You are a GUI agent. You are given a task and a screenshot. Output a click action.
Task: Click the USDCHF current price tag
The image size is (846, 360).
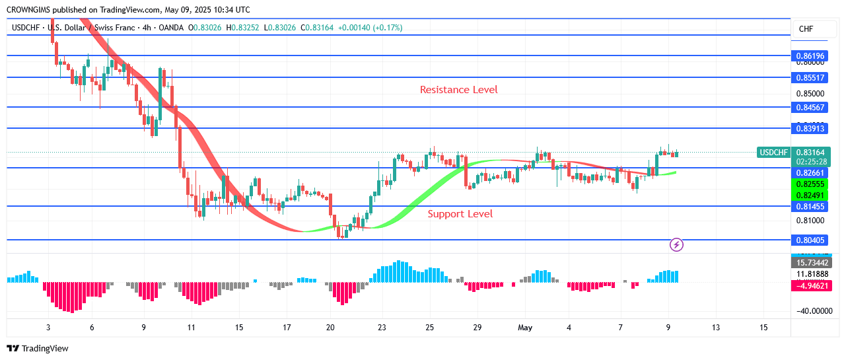pos(774,153)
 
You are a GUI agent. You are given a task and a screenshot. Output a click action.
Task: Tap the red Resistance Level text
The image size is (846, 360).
pos(458,90)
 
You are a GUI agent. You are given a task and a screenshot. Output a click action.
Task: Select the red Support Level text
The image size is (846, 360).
pos(460,214)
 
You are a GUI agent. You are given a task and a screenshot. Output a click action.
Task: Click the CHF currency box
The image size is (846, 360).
pos(806,29)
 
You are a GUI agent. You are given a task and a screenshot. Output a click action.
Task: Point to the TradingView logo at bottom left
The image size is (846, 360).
pos(38,348)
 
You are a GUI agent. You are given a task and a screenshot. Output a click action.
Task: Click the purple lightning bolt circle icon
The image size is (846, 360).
pos(676,245)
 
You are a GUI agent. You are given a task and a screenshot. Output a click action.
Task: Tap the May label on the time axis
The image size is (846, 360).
pos(525,328)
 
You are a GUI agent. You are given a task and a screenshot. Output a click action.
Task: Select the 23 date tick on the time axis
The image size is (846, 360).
pos(382,328)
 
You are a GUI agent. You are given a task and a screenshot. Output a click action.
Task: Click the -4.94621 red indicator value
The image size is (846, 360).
pos(810,286)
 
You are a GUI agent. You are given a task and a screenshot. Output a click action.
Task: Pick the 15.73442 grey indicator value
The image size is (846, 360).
pos(810,262)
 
